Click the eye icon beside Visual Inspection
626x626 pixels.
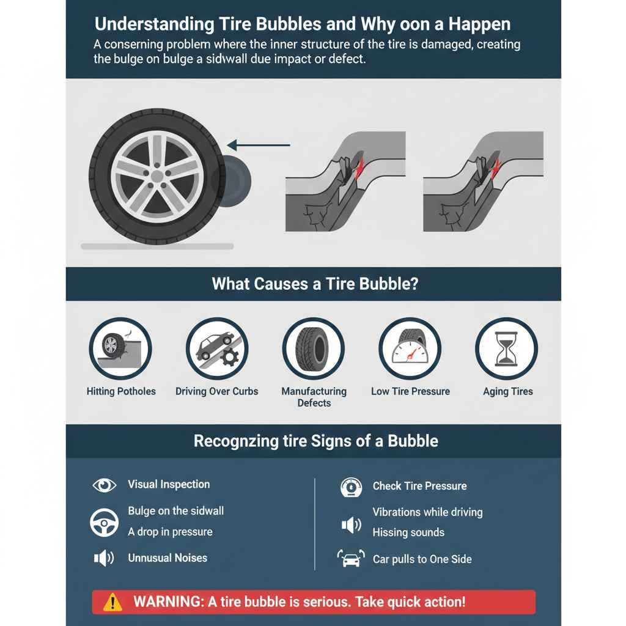104,485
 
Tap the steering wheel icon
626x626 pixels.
104,522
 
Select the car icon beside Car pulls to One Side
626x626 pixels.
350,559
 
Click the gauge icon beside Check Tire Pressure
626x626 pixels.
350,487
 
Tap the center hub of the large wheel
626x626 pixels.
158,176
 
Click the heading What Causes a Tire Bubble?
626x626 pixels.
315,284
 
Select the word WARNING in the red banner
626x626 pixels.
168,602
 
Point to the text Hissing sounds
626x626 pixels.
408,532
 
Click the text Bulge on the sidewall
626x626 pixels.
176,511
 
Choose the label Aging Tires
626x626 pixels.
507,392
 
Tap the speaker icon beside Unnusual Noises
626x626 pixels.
103,558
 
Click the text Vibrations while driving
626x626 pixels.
427,512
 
